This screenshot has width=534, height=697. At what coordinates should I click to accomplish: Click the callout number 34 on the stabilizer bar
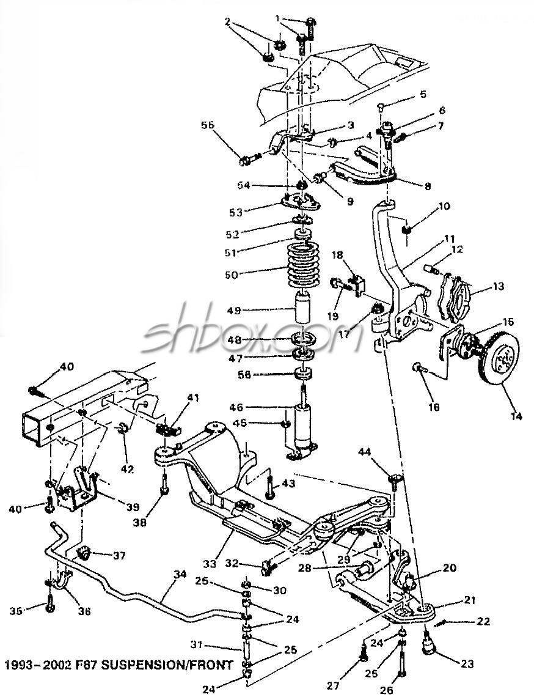[x=180, y=575]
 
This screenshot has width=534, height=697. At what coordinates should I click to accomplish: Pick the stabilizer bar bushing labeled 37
[x=84, y=554]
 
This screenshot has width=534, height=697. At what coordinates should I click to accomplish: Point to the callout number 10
[x=444, y=206]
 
